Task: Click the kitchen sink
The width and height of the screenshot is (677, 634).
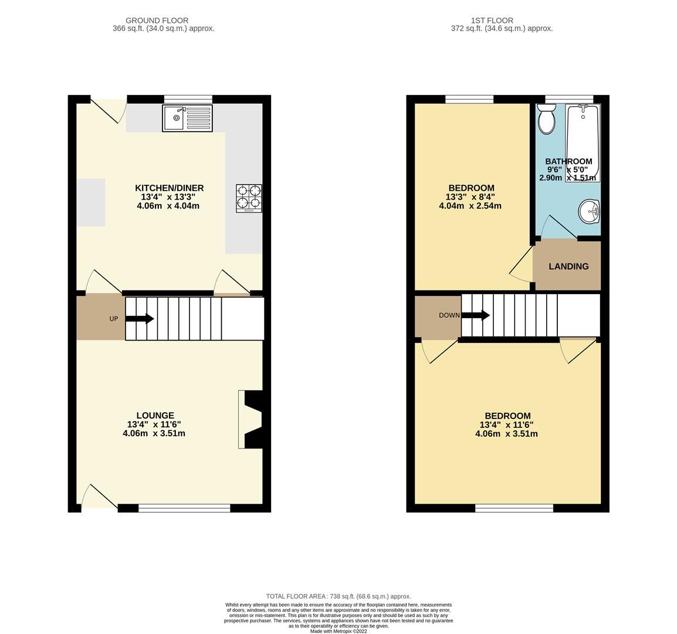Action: click(x=187, y=118)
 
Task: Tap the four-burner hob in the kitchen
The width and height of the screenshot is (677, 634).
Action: click(x=249, y=198)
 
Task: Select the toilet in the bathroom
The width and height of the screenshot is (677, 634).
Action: click(x=547, y=120)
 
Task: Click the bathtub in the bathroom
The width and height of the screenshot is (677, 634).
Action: click(x=582, y=143)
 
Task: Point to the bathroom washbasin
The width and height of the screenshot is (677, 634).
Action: click(x=588, y=211)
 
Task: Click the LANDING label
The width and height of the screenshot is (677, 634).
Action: click(x=568, y=267)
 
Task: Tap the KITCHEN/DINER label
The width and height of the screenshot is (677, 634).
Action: click(x=169, y=188)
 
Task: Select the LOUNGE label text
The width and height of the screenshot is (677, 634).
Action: click(x=155, y=416)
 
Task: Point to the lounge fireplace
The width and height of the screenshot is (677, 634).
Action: click(x=251, y=420)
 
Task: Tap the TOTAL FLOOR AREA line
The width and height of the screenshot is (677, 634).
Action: click(x=338, y=596)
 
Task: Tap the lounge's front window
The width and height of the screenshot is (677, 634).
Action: click(x=184, y=508)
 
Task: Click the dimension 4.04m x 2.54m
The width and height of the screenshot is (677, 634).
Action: click(x=470, y=206)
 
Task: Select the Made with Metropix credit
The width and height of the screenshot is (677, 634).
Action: click(x=338, y=631)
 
